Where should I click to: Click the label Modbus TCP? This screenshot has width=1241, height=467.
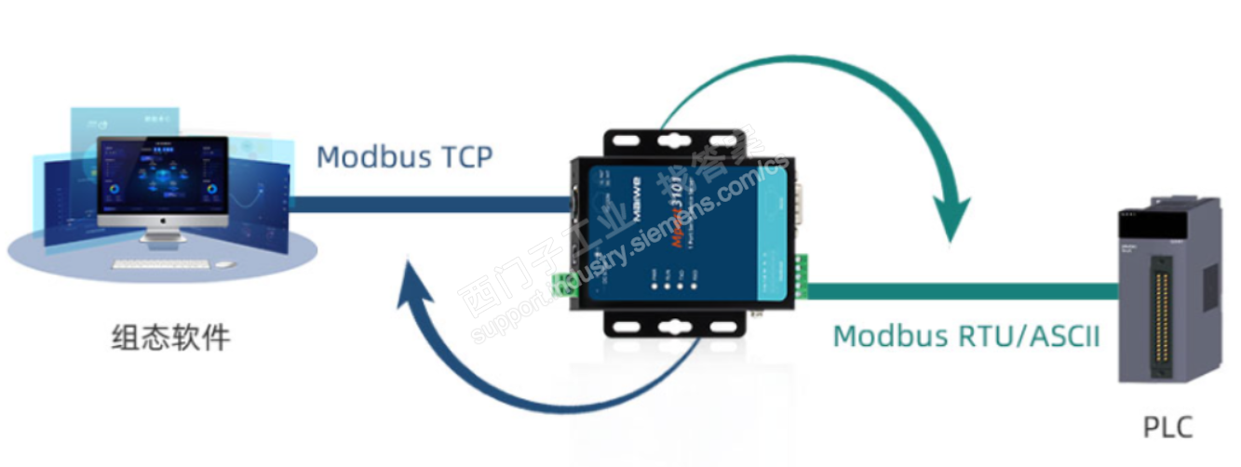(404, 157)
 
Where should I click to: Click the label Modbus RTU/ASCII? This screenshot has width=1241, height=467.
(966, 336)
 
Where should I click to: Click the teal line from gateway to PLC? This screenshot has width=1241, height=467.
(959, 291)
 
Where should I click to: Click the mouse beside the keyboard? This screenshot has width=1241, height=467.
(224, 263)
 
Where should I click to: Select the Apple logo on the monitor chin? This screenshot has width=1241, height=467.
(163, 223)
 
